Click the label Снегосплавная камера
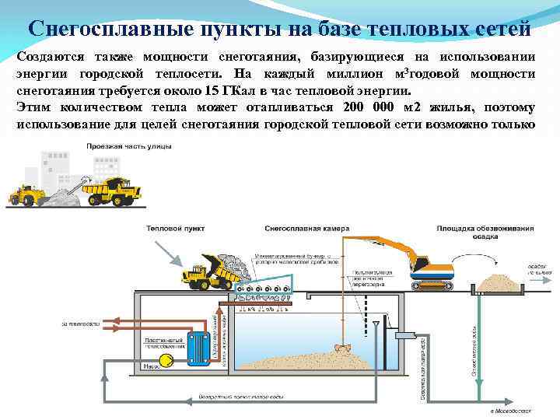pos(306,229)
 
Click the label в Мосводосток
pos(509,410)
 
